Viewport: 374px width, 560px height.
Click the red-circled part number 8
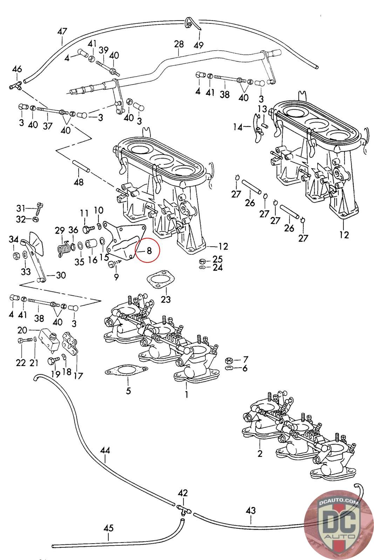149,251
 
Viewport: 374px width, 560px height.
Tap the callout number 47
62,31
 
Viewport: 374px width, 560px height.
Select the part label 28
179,44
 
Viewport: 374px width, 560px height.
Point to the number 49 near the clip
198,45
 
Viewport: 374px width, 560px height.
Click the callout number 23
165,299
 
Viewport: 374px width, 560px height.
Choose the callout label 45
108,528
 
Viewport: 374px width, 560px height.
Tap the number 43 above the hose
251,511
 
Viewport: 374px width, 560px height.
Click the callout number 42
183,493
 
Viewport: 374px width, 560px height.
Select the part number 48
79,182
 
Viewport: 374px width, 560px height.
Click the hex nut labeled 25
202,261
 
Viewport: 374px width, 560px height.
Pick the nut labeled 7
228,360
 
